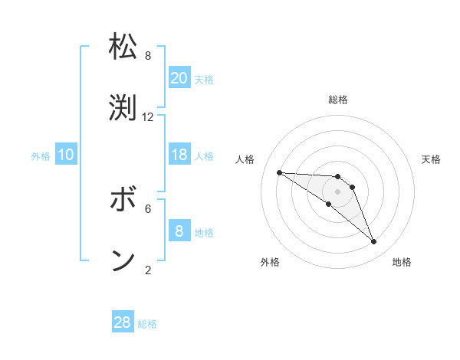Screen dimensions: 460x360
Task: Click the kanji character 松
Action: [x=123, y=47]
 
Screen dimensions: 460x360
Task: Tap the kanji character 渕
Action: [x=123, y=107]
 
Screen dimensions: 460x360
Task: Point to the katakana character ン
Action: [x=123, y=260]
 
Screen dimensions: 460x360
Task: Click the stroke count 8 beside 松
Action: [x=148, y=56]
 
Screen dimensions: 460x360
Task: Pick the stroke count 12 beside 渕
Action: [x=148, y=117]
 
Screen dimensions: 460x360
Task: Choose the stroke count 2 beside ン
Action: [x=148, y=270]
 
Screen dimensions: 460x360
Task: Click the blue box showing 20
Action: [x=179, y=77]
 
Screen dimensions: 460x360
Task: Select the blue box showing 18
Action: [x=179, y=155]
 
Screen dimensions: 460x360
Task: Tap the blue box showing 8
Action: [x=179, y=231]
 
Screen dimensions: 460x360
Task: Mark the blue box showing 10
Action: [x=66, y=155]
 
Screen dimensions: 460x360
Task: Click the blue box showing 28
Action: [x=123, y=322]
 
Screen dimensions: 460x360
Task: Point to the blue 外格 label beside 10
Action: [x=41, y=155]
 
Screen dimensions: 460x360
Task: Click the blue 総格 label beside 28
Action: [x=147, y=324]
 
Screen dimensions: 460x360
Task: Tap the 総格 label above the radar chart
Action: [x=337, y=100]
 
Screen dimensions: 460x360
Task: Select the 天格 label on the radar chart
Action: [x=432, y=159]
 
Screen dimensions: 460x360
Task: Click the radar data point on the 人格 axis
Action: [x=279, y=172]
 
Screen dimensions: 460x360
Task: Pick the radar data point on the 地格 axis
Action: [x=373, y=242]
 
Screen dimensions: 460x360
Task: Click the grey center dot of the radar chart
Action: [x=337, y=191]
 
